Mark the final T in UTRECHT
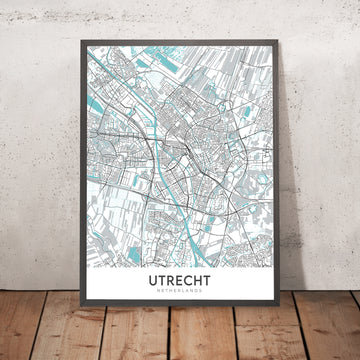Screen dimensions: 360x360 click(212, 255)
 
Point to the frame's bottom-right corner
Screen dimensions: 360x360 click(284, 296)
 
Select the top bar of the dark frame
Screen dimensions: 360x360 click(180, 38)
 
